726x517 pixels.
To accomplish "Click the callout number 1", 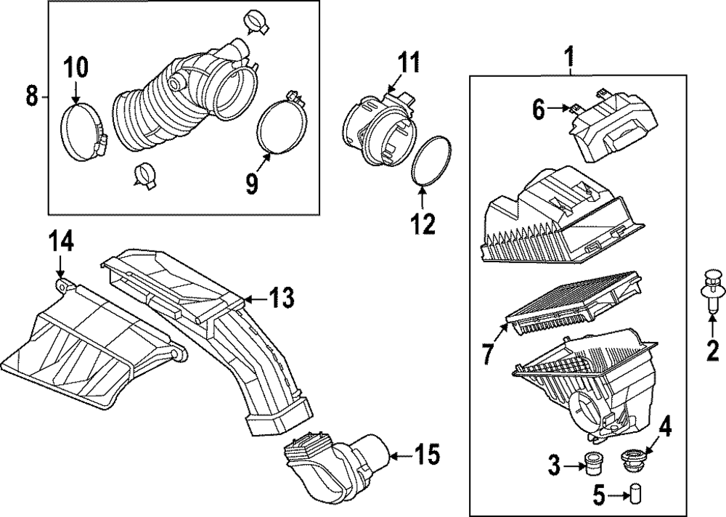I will tap(570, 54).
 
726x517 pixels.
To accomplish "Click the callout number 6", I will tap(538, 109).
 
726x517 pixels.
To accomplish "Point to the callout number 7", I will tap(488, 354).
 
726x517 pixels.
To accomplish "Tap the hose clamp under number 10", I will tap(84, 128).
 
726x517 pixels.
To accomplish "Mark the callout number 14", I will tap(62, 242).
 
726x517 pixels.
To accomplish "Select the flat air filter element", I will tap(574, 306).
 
